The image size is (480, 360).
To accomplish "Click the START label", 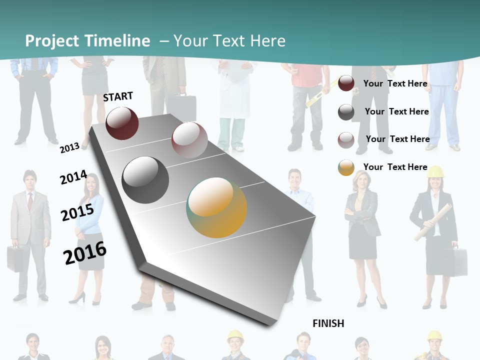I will click(x=118, y=96).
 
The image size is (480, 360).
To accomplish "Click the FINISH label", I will click(x=328, y=323).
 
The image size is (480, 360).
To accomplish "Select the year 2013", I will click(x=70, y=147).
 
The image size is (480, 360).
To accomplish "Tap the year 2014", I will click(x=73, y=177).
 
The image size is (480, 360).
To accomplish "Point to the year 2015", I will click(x=77, y=212).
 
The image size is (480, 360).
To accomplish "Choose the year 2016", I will click(x=85, y=253).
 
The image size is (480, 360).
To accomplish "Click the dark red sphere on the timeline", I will click(x=122, y=123).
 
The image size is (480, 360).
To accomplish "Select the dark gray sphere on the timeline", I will click(x=145, y=180).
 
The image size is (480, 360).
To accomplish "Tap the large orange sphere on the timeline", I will click(x=217, y=207).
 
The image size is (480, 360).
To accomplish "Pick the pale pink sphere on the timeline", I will click(x=189, y=140).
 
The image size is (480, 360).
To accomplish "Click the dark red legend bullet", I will click(x=346, y=83).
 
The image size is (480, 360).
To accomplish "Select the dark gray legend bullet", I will click(x=346, y=112).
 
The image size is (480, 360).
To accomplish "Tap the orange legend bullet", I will click(x=346, y=167).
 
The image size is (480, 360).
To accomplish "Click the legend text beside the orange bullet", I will click(x=395, y=167).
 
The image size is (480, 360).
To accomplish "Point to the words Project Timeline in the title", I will click(x=87, y=41).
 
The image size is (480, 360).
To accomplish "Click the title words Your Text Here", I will click(x=229, y=41).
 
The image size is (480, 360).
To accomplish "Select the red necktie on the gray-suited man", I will click(x=30, y=200).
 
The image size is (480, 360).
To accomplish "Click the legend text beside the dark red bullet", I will click(x=395, y=83).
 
